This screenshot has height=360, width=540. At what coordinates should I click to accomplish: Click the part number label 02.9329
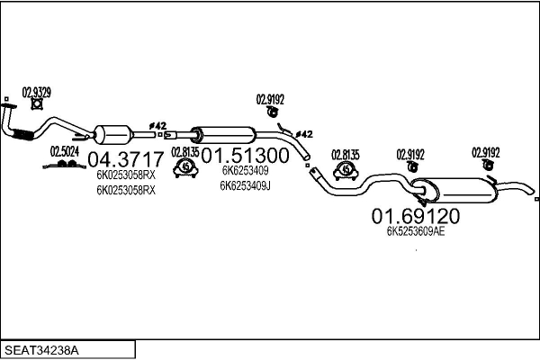click(x=37, y=91)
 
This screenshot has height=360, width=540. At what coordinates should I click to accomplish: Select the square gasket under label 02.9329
click(x=39, y=104)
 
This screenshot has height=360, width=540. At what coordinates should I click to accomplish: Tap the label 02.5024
click(x=64, y=151)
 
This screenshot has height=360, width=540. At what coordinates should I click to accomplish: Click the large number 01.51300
click(x=246, y=156)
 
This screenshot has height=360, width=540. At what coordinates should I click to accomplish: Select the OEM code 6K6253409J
click(x=245, y=186)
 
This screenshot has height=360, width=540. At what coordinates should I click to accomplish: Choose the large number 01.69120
click(x=416, y=216)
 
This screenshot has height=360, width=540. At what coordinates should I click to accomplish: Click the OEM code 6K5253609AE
click(x=416, y=231)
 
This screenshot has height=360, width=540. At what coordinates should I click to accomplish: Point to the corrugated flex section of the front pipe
click(x=22, y=135)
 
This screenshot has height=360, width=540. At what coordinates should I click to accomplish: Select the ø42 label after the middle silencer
click(x=304, y=134)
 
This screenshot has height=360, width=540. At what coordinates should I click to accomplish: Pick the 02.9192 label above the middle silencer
click(x=271, y=100)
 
